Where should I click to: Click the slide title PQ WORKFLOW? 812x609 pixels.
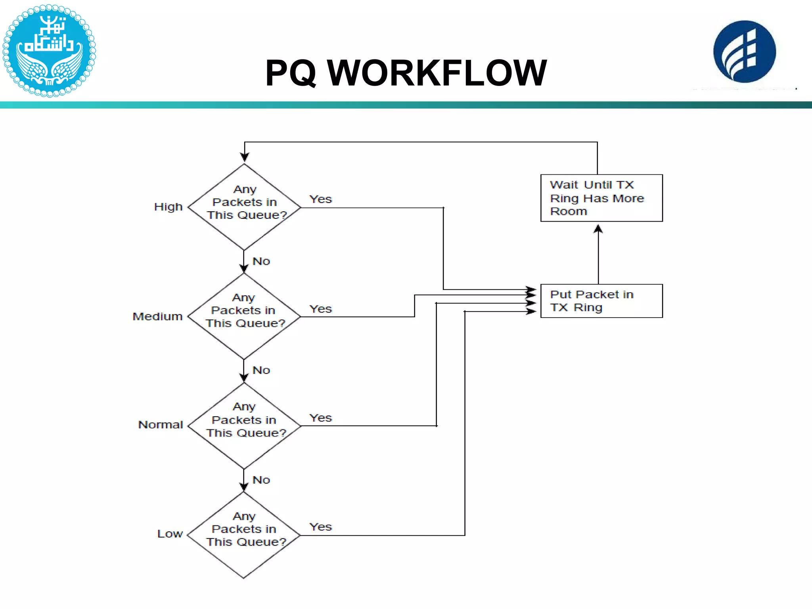406,73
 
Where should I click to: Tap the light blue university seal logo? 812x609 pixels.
49,50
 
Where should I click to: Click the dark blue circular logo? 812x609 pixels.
744,52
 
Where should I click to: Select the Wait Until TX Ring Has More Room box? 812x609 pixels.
601,198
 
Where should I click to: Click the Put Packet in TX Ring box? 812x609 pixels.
601,301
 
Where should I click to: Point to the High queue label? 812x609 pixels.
168,207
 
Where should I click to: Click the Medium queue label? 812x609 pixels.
157,316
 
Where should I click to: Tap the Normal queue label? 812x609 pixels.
160,425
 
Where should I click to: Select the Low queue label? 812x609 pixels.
170,534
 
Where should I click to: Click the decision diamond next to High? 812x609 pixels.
244,207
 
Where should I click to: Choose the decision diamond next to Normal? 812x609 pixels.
244,426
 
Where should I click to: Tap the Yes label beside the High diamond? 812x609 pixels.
320,199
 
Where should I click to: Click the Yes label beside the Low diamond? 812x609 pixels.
320,527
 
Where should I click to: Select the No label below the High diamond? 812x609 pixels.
261,261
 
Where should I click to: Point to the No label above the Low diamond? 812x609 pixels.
261,480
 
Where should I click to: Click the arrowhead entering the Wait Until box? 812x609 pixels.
598,229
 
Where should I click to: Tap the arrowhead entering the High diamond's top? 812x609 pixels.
245,157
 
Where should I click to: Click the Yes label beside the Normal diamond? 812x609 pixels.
320,418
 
